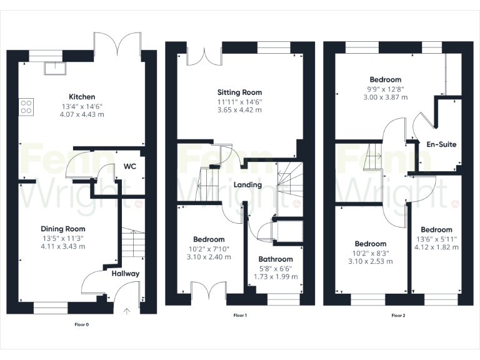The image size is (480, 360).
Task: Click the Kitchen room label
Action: click(x=82, y=97)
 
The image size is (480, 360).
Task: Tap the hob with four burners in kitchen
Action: click(x=26, y=107)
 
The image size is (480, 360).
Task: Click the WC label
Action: click(x=130, y=167)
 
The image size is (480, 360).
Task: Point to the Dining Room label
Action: click(x=62, y=229)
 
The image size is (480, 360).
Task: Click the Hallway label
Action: click(x=125, y=274)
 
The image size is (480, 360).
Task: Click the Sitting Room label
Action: click(x=240, y=92)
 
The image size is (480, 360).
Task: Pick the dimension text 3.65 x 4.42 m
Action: click(x=240, y=110)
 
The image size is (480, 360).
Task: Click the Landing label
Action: click(x=247, y=185)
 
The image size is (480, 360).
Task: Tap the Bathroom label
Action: click(x=276, y=259)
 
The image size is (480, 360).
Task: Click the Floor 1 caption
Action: click(x=240, y=316)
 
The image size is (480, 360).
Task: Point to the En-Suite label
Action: click(x=441, y=144)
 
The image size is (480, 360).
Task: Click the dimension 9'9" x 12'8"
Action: click(x=385, y=89)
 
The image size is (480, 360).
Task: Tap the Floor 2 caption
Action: click(x=398, y=316)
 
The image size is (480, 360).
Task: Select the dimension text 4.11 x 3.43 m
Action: click(x=62, y=246)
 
